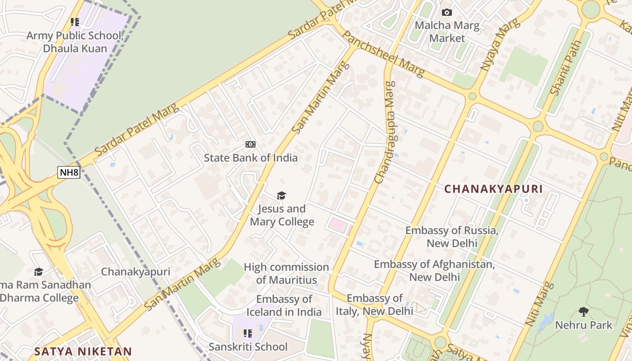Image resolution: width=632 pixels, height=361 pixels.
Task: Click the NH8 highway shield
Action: coord(69,172)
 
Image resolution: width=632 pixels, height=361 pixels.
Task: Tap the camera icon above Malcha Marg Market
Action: coord(447,12)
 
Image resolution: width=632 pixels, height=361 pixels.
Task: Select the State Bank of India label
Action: coord(251,158)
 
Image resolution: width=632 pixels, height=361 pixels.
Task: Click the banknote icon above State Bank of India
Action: coord(251,144)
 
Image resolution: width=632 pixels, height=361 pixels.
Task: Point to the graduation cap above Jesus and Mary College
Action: coord(282,195)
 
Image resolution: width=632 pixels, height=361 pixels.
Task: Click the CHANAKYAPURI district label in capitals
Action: coord(493,189)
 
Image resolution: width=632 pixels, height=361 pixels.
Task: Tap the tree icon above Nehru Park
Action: coord(584,311)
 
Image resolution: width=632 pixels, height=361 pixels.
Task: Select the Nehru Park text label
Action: coord(584,325)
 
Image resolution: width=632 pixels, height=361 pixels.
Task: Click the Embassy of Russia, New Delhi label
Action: coord(451,237)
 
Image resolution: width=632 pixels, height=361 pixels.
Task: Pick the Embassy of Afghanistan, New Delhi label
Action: coord(434,270)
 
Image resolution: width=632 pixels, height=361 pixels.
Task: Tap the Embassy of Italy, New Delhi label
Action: coord(375,305)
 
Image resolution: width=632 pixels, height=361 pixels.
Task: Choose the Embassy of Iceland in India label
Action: coord(284,305)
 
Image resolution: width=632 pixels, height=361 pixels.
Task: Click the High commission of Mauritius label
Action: coord(286,273)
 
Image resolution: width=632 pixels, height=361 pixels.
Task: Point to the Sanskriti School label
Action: coord(248,347)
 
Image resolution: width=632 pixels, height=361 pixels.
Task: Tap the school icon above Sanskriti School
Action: coord(248,333)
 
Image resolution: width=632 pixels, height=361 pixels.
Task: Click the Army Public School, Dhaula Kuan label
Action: coord(75,42)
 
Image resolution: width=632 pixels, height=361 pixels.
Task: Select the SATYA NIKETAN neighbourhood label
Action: coord(84,352)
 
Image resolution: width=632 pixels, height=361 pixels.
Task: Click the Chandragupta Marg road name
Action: coord(385,132)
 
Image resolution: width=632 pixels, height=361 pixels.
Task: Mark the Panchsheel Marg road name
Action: coord(384,55)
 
